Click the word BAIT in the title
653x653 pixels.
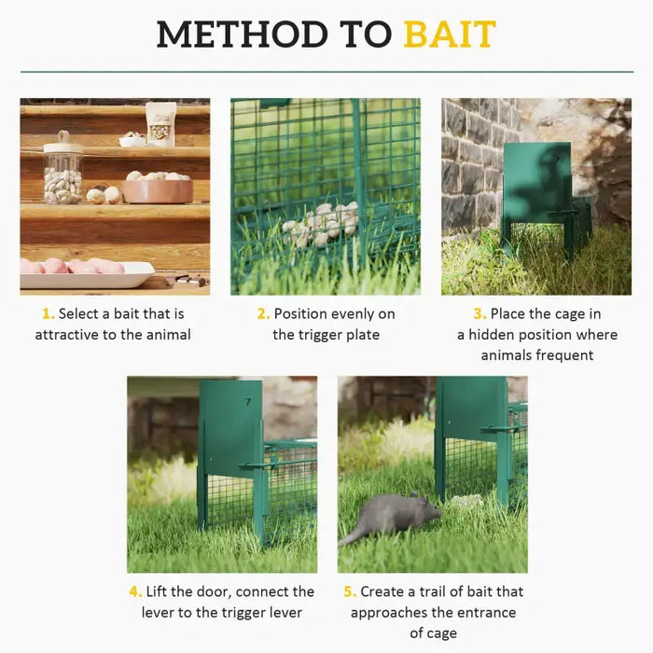[x=449, y=35]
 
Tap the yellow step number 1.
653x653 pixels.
[x=48, y=314]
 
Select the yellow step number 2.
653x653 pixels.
[x=263, y=314]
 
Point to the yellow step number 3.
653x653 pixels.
[x=479, y=314]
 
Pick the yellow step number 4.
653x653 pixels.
[x=135, y=591]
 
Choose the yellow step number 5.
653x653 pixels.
[x=350, y=591]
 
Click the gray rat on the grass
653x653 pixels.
[x=392, y=516]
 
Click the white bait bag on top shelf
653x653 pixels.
[x=160, y=123]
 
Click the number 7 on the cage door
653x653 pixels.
[x=248, y=402]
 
